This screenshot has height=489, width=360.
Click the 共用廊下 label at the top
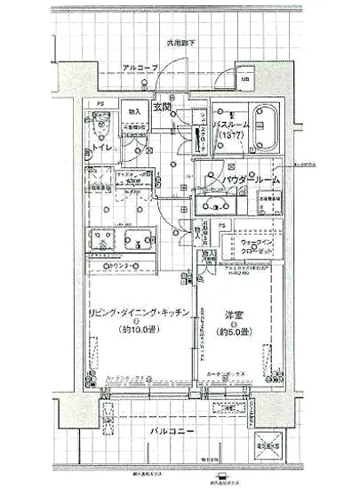(180, 42)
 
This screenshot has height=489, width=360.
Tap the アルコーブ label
(140, 68)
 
